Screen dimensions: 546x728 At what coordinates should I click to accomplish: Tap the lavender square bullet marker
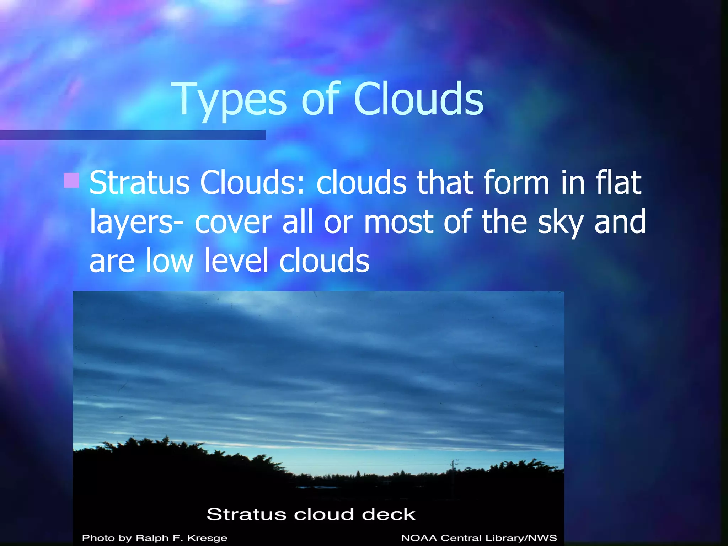[71, 180]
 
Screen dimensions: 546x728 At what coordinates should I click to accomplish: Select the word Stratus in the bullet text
[139, 183]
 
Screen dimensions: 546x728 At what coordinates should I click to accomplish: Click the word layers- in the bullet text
[136, 223]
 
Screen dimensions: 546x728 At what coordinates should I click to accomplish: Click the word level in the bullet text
[236, 261]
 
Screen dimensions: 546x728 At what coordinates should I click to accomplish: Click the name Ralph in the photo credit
[152, 538]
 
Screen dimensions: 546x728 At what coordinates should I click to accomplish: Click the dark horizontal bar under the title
[133, 135]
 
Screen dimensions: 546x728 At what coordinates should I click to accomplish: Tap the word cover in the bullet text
[233, 223]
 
